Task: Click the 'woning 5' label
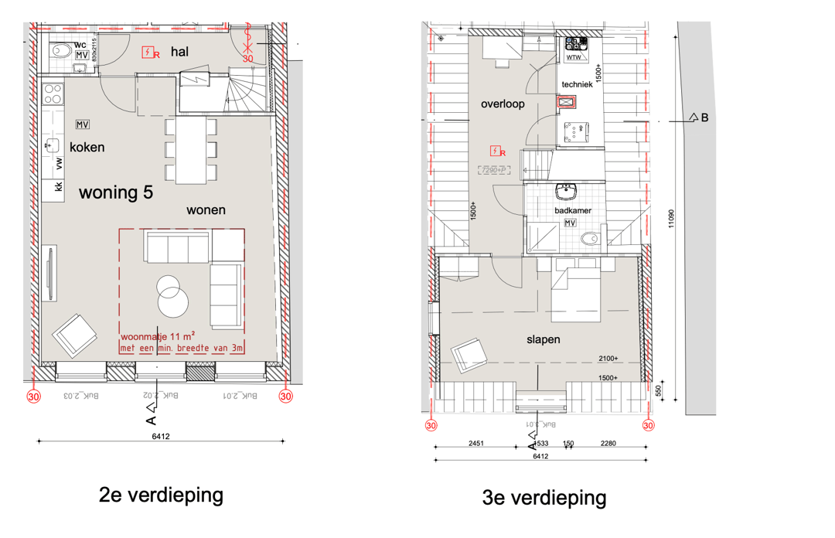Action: pyautogui.click(x=115, y=192)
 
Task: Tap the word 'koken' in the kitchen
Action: pyautogui.click(x=87, y=147)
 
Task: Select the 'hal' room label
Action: pyautogui.click(x=179, y=52)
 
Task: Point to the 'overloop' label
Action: pyautogui.click(x=503, y=104)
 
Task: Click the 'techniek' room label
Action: pyautogui.click(x=577, y=84)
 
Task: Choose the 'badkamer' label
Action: pyautogui.click(x=572, y=210)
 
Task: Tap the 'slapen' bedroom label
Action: pyautogui.click(x=543, y=339)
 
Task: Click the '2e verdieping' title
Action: pyautogui.click(x=161, y=495)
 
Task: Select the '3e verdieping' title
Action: pyautogui.click(x=544, y=498)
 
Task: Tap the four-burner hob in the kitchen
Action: pyautogui.click(x=53, y=94)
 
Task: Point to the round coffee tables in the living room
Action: pyautogui.click(x=172, y=295)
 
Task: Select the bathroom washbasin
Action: pyautogui.click(x=566, y=191)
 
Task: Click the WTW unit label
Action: pyautogui.click(x=574, y=57)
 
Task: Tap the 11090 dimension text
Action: pyautogui.click(x=671, y=219)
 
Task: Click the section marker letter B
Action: pyautogui.click(x=704, y=118)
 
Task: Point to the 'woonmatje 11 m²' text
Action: pyautogui.click(x=157, y=336)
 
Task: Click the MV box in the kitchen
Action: pyautogui.click(x=83, y=124)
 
